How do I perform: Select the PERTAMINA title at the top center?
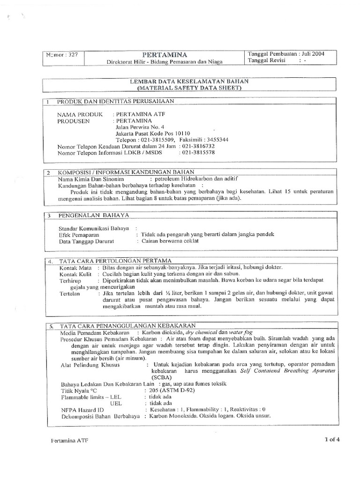click(x=165, y=54)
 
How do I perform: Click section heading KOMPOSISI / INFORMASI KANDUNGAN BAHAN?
click(x=125, y=172)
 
